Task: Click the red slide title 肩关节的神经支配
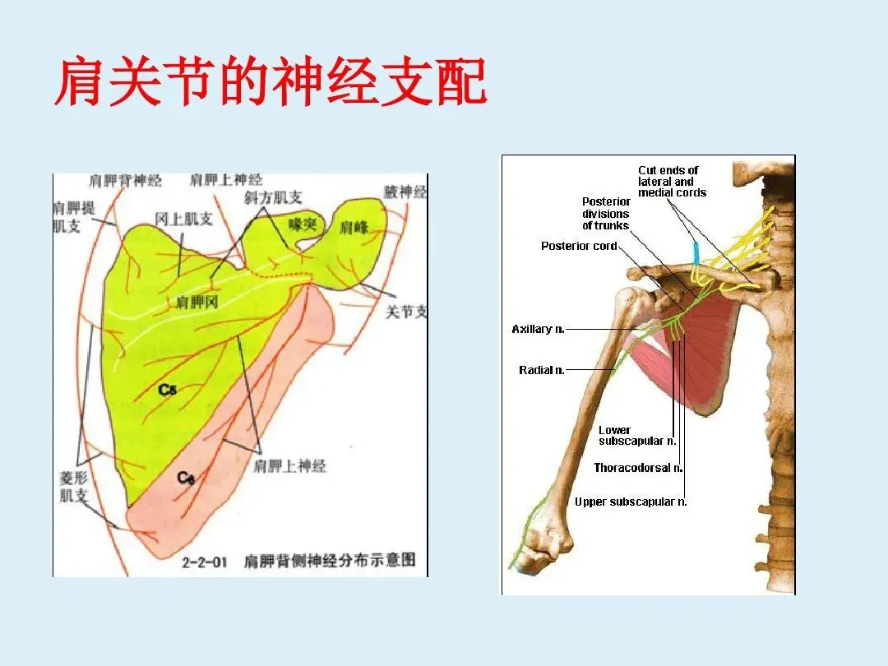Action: tap(271, 82)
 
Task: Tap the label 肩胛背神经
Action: tap(125, 180)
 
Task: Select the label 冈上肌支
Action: tap(184, 219)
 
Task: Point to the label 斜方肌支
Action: tap(273, 198)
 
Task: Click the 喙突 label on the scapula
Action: tap(302, 224)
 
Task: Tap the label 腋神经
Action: tap(405, 192)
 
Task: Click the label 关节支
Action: tap(406, 312)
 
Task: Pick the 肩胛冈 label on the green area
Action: tap(197, 303)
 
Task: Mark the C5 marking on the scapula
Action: tap(168, 390)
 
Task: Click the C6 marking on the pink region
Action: tap(187, 477)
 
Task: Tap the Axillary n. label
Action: tap(538, 330)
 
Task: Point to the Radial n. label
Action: tap(541, 371)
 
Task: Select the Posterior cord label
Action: tap(579, 246)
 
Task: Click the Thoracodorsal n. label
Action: tap(638, 468)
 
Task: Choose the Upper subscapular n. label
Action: tap(631, 502)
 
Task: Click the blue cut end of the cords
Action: tap(696, 252)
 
